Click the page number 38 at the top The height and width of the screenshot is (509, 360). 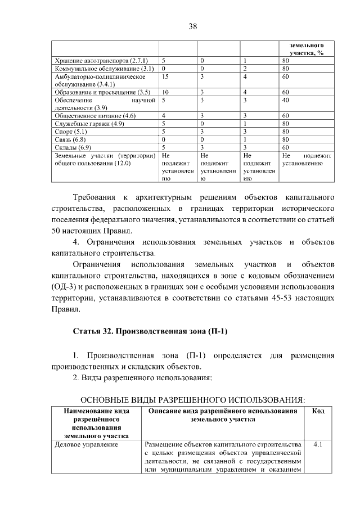coord(192,25)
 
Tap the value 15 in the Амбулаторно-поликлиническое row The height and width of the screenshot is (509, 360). coord(165,76)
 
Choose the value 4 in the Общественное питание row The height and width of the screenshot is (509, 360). coord(163,115)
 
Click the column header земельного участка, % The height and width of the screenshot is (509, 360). coord(306,48)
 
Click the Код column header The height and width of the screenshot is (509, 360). coord(317,411)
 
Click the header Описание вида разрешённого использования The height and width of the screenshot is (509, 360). coord(223,415)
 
